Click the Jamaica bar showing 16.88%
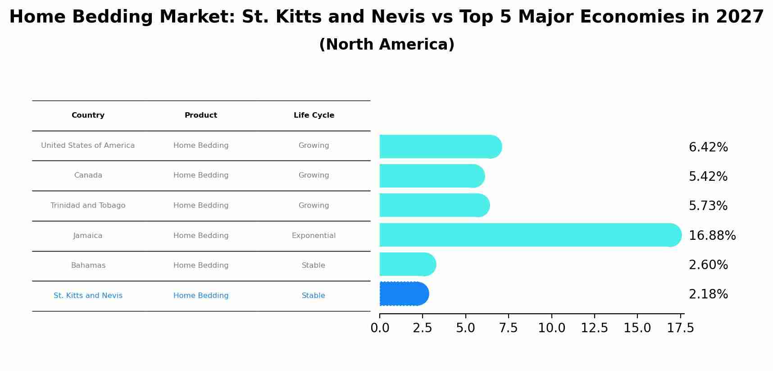pos(530,235)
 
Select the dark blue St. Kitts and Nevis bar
pos(404,294)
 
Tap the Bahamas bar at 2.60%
pos(407,264)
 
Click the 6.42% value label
pos(708,147)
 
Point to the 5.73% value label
pos(708,206)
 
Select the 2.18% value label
pos(708,294)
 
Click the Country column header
pos(88,115)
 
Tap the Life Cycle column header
pos(314,115)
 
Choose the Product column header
pos(200,115)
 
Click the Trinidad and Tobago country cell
pos(88,206)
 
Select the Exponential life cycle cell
pos(314,236)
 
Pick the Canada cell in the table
pos(88,175)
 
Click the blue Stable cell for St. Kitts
pos(313,296)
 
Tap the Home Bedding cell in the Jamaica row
pos(200,236)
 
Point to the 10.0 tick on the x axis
pos(551,328)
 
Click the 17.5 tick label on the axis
pos(680,328)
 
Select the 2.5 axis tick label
pos(422,328)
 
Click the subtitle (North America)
pos(386,45)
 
